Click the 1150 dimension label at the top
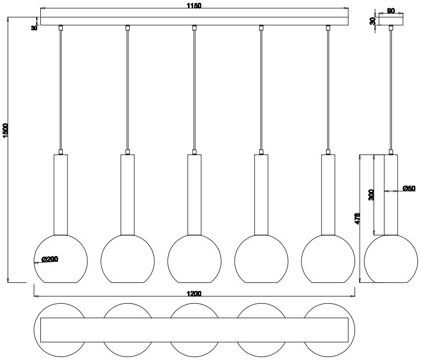click(x=194, y=6)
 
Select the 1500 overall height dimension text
click(x=6, y=131)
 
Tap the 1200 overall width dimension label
click(x=194, y=294)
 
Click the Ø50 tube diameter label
click(x=409, y=188)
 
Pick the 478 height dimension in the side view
click(x=357, y=219)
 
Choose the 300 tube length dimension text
click(x=371, y=195)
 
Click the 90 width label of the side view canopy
click(x=391, y=11)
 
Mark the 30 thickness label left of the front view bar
click(x=34, y=28)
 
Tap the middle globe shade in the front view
click(x=194, y=259)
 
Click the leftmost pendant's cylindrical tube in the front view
click(x=61, y=195)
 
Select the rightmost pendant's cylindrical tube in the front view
click(x=328, y=195)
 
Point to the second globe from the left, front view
click(x=128, y=259)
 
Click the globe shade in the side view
click(x=391, y=259)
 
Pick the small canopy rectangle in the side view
click(x=391, y=21)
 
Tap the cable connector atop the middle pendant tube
click(x=194, y=152)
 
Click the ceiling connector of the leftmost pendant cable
click(x=61, y=28)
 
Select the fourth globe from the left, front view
click(x=261, y=259)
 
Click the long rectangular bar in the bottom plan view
click(x=194, y=330)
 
